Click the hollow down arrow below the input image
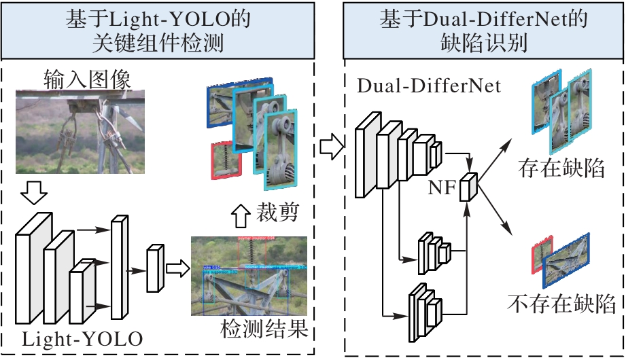coord(33,194)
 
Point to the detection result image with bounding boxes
coord(251,276)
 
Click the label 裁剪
coord(277,215)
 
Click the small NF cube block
coord(468,187)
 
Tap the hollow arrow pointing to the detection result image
coord(176,267)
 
